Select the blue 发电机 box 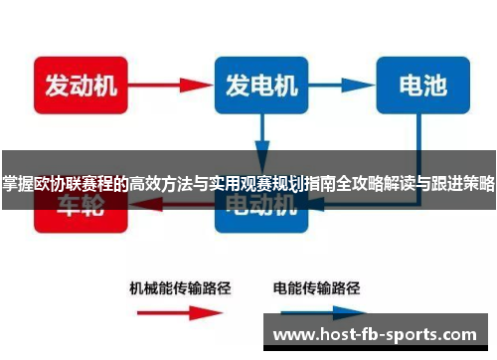261,84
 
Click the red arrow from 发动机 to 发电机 171,84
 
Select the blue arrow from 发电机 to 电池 342,84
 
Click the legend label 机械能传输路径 180,288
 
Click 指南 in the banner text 329,183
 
